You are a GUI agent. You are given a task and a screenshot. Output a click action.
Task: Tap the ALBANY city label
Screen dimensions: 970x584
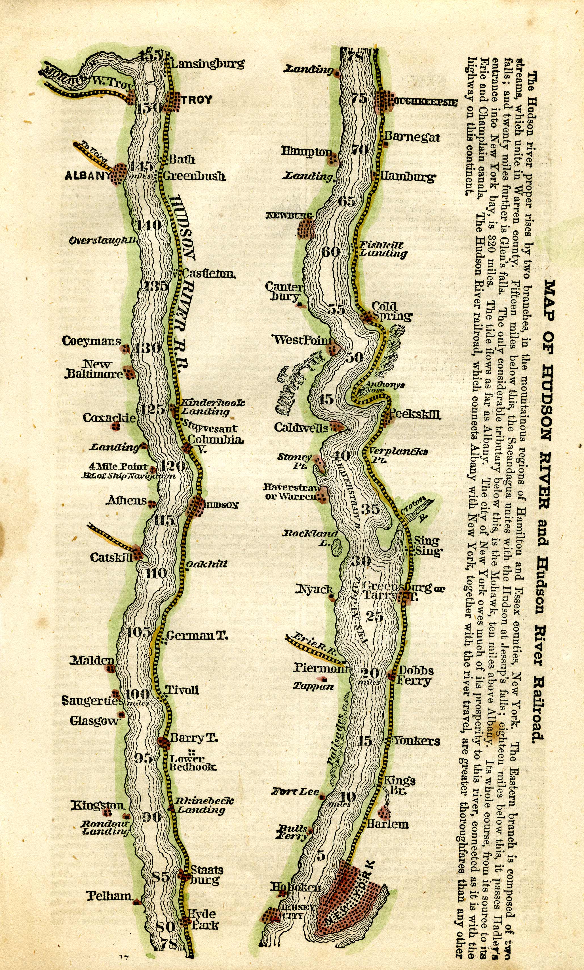87,175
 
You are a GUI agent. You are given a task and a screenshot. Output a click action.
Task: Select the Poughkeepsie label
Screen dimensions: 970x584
422,102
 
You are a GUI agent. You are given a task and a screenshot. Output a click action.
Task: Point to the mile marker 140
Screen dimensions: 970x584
149,225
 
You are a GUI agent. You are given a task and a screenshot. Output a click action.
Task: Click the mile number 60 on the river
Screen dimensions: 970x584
330,251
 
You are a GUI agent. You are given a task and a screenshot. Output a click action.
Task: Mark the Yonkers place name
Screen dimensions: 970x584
417,741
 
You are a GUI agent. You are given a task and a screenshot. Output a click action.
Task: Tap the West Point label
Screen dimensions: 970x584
302,340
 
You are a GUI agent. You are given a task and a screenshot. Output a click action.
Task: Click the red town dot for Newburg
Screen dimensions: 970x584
306,229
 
